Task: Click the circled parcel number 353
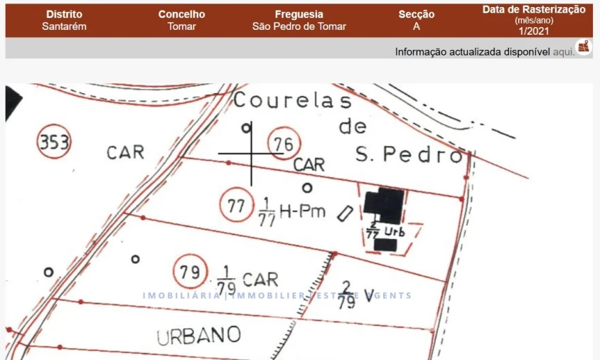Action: point(54,144)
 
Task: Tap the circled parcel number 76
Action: point(284,144)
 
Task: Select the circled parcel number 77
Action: point(236,206)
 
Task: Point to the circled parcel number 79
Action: point(189,272)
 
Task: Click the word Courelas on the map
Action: point(292,101)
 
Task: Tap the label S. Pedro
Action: point(408,155)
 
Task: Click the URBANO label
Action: point(199,335)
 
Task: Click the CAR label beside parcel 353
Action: point(125,152)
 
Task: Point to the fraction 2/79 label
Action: point(346,294)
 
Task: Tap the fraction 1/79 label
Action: point(225,280)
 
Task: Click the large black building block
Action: point(385,206)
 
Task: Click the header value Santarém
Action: point(63,26)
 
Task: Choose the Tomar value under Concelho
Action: point(181,26)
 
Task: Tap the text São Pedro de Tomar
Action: point(299,26)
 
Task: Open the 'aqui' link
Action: point(562,51)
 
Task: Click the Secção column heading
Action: point(416,14)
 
